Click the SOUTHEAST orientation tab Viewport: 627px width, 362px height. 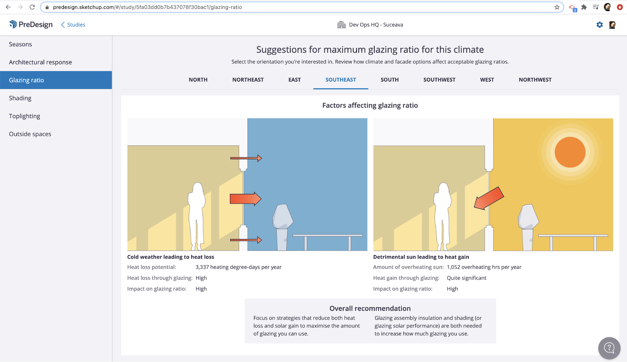pyautogui.click(x=341, y=80)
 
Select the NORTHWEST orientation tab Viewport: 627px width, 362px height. pyautogui.click(x=535, y=80)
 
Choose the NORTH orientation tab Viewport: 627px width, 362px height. pyautogui.click(x=198, y=80)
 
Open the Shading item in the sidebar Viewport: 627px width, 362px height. pyautogui.click(x=20, y=98)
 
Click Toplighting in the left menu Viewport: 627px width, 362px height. pyautogui.click(x=24, y=116)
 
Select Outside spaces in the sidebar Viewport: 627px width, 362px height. pyautogui.click(x=30, y=134)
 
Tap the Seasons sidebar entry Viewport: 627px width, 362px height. pyautogui.click(x=20, y=44)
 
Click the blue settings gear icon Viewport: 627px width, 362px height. pyautogui.click(x=599, y=25)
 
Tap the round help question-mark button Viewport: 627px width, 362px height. pyautogui.click(x=609, y=348)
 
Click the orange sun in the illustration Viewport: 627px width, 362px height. pyautogui.click(x=570, y=152)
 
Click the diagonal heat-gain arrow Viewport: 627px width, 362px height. pyautogui.click(x=489, y=198)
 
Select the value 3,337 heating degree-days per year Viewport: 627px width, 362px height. pyautogui.click(x=238, y=267)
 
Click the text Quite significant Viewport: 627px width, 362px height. pyautogui.click(x=466, y=278)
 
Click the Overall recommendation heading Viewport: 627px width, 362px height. pyautogui.click(x=370, y=308)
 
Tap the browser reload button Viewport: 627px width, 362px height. pyautogui.click(x=32, y=7)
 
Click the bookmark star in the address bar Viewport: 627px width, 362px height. pyautogui.click(x=557, y=7)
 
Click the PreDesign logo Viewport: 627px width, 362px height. pyautogui.click(x=31, y=24)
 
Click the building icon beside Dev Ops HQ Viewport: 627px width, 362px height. pyautogui.click(x=341, y=25)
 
